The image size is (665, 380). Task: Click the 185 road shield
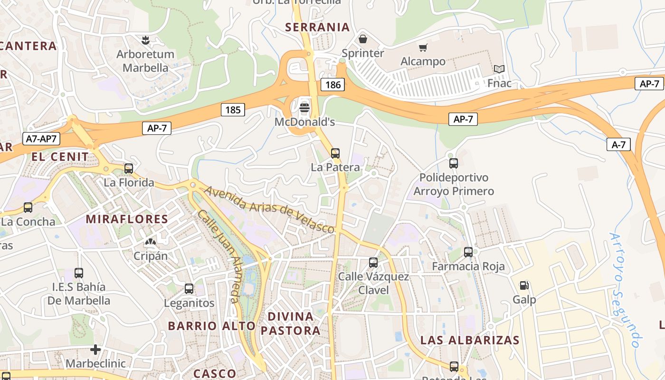pos(233,110)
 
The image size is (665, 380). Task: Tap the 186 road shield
pos(332,85)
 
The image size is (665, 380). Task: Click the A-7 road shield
pos(618,145)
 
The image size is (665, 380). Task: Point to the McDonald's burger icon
pos(304,108)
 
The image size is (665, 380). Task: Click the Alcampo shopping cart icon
pos(423,47)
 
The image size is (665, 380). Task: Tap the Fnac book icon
pos(499,69)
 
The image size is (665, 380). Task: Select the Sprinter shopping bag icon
pos(363,39)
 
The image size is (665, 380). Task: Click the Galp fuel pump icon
pos(524,285)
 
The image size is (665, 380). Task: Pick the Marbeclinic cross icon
pos(95,350)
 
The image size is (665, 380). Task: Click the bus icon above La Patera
pos(335,153)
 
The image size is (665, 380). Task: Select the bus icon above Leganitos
pos(189,288)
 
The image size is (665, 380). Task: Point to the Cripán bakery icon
pos(151,242)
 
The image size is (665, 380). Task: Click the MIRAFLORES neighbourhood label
pos(127,219)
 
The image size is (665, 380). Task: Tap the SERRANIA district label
pos(317,27)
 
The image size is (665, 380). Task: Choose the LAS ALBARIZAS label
pos(470,340)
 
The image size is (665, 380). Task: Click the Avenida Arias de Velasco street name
pos(269,209)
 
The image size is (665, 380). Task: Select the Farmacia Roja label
pos(468,266)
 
